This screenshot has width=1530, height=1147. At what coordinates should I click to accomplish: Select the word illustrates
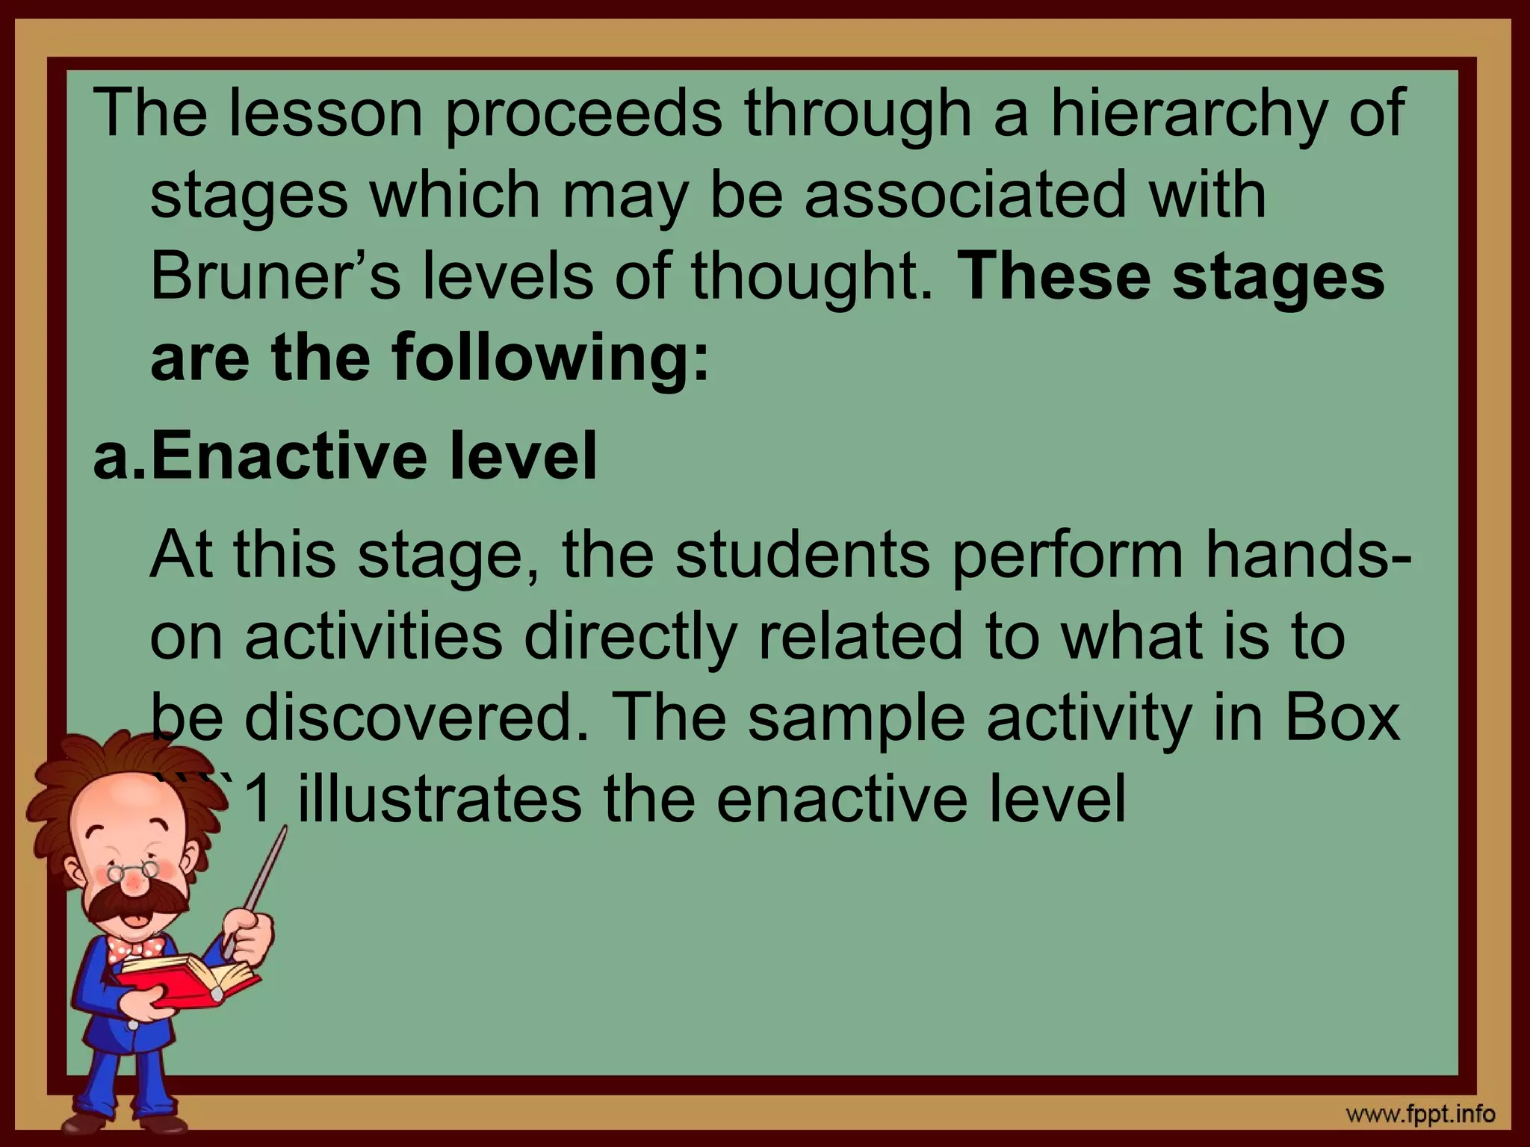(x=439, y=799)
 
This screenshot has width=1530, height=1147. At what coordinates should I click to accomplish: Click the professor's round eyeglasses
(x=134, y=871)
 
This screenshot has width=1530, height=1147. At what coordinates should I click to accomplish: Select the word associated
(x=964, y=194)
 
